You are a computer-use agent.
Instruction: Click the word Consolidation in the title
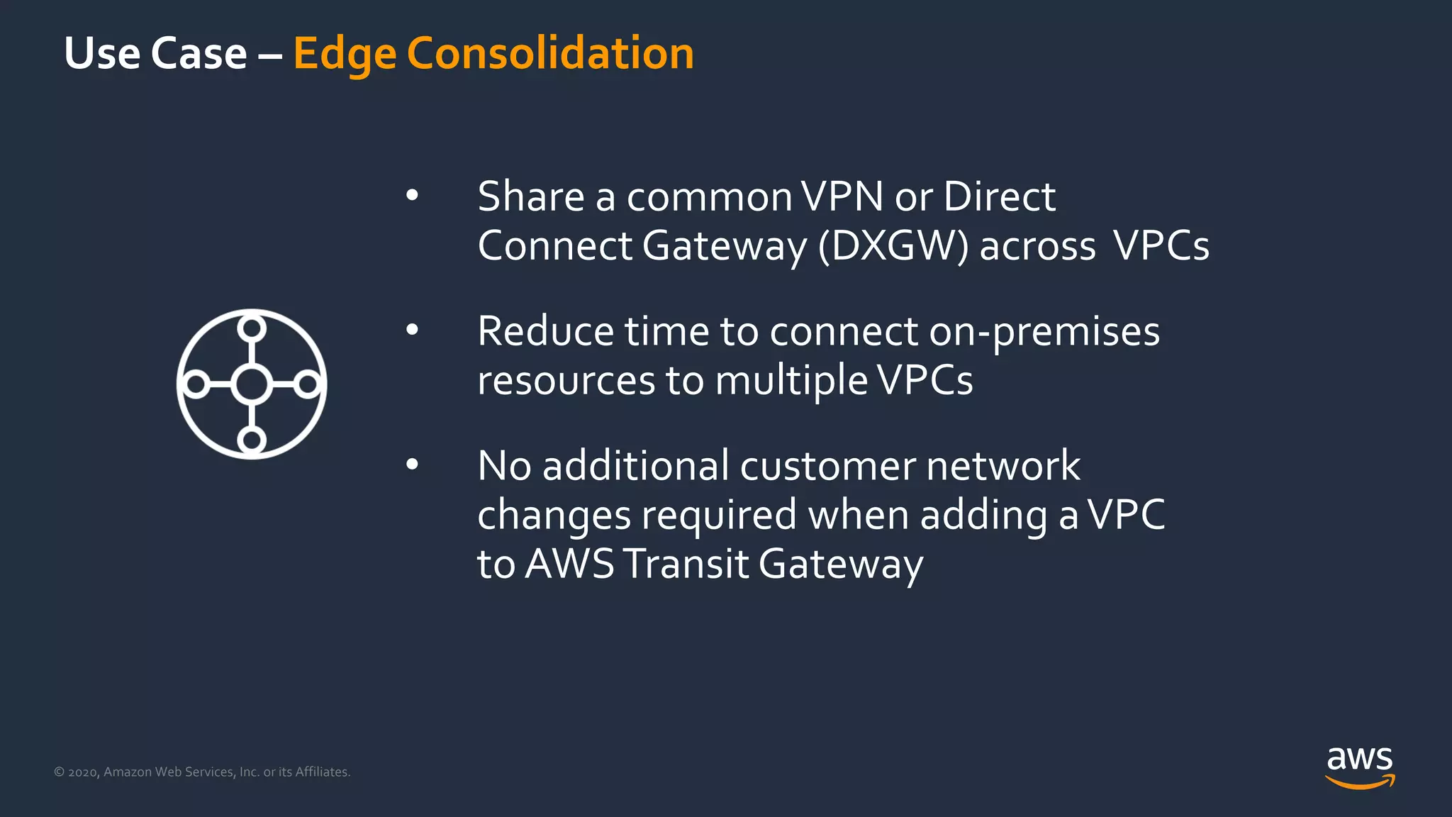click(x=550, y=54)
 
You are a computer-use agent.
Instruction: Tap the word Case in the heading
click(x=199, y=54)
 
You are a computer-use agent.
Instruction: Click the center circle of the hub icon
click(x=252, y=384)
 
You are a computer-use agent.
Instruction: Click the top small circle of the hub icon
click(x=252, y=328)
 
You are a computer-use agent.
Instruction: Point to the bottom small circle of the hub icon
click(x=252, y=440)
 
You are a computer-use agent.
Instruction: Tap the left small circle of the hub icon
click(x=196, y=384)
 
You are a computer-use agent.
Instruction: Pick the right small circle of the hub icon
click(x=308, y=384)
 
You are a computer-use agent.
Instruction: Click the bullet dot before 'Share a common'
click(x=412, y=195)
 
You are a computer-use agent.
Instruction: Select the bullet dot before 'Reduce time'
click(x=412, y=330)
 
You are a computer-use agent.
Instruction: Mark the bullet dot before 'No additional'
click(x=412, y=465)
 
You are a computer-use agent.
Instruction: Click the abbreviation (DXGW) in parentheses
click(x=893, y=247)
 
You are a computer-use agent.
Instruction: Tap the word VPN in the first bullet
click(x=842, y=196)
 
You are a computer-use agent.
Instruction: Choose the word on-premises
click(x=1044, y=332)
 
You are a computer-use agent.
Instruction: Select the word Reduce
click(x=544, y=331)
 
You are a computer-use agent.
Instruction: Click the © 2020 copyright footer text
click(x=202, y=772)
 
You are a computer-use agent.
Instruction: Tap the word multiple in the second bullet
click(x=791, y=382)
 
